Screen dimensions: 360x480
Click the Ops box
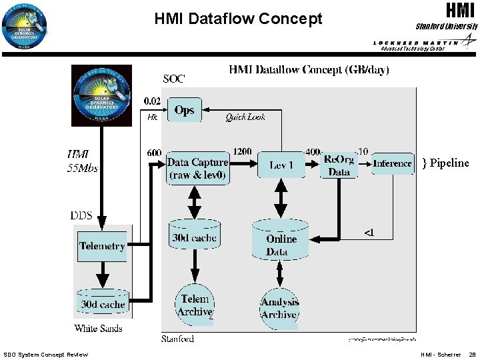(184, 110)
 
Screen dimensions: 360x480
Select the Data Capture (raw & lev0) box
(197, 169)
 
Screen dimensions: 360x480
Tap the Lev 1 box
(281, 165)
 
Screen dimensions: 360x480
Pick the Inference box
(392, 163)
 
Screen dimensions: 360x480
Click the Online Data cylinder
(281, 241)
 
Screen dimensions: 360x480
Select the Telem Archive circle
(195, 305)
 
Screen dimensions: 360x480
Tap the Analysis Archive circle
(280, 308)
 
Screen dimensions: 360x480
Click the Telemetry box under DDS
(102, 246)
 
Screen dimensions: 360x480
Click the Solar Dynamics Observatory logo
(102, 95)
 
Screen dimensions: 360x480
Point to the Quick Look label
(245, 117)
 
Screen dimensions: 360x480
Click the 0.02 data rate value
(152, 101)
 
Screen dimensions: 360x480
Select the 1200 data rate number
(243, 152)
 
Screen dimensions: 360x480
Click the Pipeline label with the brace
(445, 163)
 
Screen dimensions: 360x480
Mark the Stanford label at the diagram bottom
(177, 339)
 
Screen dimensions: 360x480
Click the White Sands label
(99, 328)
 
